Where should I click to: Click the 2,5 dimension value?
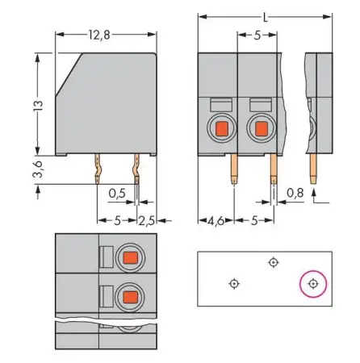(146, 219)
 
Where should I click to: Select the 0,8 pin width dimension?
(298, 194)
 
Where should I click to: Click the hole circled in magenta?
(313, 284)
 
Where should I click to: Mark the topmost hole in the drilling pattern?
(274, 262)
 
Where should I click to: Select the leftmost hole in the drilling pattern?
(233, 283)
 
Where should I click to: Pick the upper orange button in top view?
(128, 258)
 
